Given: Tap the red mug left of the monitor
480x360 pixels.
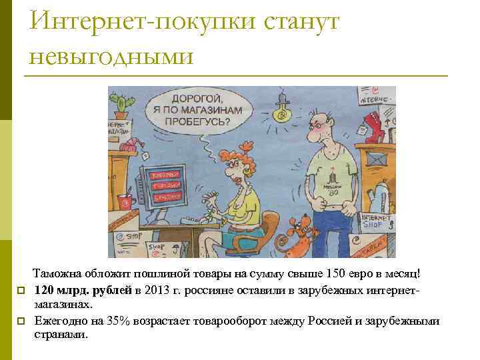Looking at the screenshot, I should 124,201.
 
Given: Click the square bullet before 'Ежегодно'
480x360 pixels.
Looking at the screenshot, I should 21,321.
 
